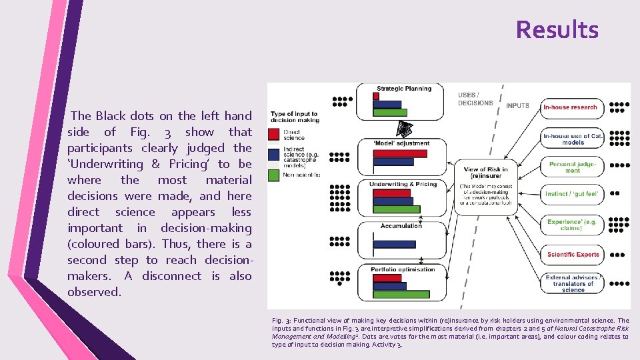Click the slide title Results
click(x=557, y=30)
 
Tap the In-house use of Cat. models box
click(x=573, y=139)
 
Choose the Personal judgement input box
click(x=573, y=167)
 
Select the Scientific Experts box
click(x=573, y=254)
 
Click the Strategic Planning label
click(x=404, y=89)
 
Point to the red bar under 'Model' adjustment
click(x=400, y=153)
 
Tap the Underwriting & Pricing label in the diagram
click(x=403, y=185)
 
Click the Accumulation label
click(x=401, y=226)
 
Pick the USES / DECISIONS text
click(x=475, y=99)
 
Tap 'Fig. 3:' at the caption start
click(x=281, y=321)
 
